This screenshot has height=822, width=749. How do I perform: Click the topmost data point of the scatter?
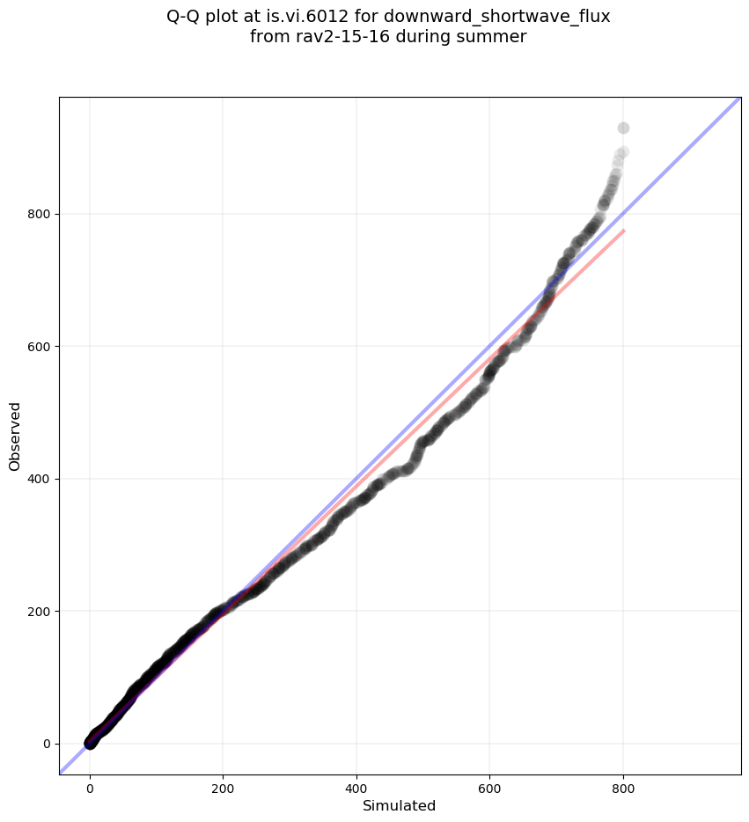(x=623, y=128)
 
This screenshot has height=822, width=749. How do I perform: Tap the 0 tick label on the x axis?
(x=90, y=785)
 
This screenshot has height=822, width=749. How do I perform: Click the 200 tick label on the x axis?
(x=223, y=785)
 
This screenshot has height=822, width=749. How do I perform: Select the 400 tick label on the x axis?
(x=356, y=785)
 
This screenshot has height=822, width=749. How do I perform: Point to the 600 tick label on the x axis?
(x=489, y=785)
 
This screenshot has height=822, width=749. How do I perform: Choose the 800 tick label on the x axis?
(x=623, y=785)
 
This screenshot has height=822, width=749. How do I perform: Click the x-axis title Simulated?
(x=400, y=805)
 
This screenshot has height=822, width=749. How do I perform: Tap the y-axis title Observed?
(x=15, y=436)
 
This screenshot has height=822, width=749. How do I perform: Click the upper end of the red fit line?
(x=624, y=231)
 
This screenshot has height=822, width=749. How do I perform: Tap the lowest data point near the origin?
(x=90, y=744)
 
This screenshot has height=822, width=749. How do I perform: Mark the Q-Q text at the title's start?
(x=185, y=16)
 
